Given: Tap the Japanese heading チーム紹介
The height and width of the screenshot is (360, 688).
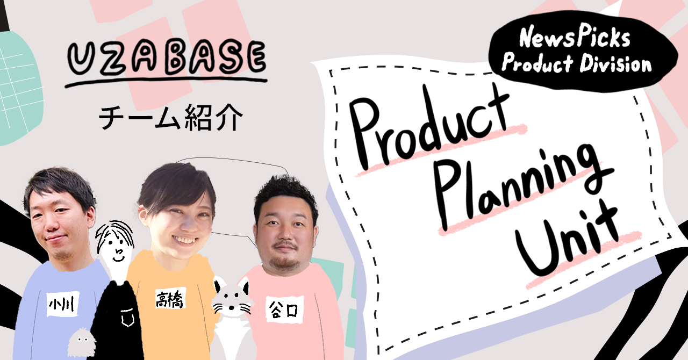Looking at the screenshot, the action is pyautogui.click(x=171, y=118).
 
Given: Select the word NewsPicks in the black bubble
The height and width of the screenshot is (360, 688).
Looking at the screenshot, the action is pyautogui.click(x=575, y=37).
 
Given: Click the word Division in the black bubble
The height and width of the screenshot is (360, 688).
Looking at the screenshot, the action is pyautogui.click(x=615, y=64).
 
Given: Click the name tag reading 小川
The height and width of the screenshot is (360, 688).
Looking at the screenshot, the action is pyautogui.click(x=63, y=304).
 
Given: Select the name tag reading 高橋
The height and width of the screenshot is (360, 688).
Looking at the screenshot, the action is pyautogui.click(x=170, y=299).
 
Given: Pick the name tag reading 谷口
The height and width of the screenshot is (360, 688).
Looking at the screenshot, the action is pyautogui.click(x=284, y=309).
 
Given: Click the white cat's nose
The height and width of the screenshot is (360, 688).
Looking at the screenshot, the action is pyautogui.click(x=231, y=307).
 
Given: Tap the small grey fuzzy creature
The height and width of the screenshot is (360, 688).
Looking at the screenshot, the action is pyautogui.click(x=81, y=342).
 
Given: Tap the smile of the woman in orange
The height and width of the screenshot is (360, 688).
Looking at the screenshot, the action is pyautogui.click(x=184, y=240).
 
